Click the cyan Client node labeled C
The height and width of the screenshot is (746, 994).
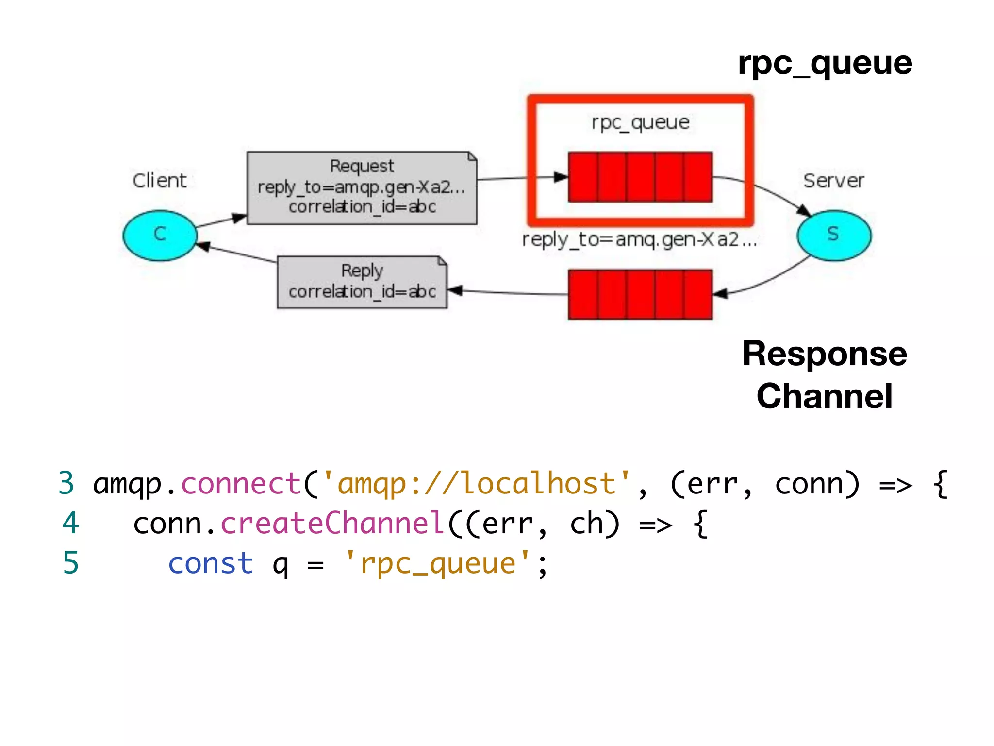point(160,235)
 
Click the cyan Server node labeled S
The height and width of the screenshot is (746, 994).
point(833,235)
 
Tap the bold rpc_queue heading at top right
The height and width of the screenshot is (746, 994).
point(825,63)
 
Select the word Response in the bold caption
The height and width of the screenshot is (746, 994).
point(824,354)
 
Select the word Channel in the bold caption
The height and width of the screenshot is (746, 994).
point(824,396)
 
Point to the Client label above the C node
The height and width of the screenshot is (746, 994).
point(159,181)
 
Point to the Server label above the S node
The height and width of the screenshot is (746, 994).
point(833,181)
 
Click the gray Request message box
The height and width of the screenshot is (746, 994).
point(362,188)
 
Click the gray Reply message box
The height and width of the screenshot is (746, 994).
point(362,282)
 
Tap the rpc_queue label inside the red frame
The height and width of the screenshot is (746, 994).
point(640,122)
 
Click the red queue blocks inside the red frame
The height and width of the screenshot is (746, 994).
point(640,177)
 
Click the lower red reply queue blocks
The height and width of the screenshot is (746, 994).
point(640,294)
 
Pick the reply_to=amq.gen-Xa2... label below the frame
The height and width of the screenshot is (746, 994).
point(639,239)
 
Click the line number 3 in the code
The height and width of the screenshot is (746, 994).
point(66,484)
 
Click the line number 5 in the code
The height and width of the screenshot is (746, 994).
point(71,563)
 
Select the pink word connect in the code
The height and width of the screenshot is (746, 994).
point(241,484)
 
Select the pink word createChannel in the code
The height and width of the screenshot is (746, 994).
point(332,524)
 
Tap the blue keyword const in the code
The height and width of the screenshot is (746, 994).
point(211,563)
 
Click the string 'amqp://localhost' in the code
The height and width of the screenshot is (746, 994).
point(477,484)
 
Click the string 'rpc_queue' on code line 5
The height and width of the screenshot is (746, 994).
point(437,563)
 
